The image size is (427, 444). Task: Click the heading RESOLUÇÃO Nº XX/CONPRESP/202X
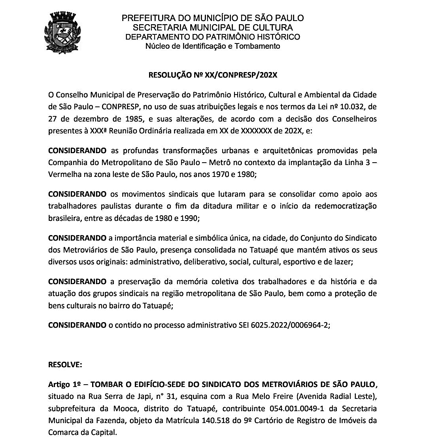click(213, 74)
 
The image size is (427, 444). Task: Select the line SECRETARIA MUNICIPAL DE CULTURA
click(213, 28)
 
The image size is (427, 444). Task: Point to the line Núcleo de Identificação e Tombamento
click(213, 46)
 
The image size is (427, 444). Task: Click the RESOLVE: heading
click(65, 365)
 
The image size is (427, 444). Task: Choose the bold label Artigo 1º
click(64, 384)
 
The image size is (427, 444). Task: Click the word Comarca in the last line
click(62, 432)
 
